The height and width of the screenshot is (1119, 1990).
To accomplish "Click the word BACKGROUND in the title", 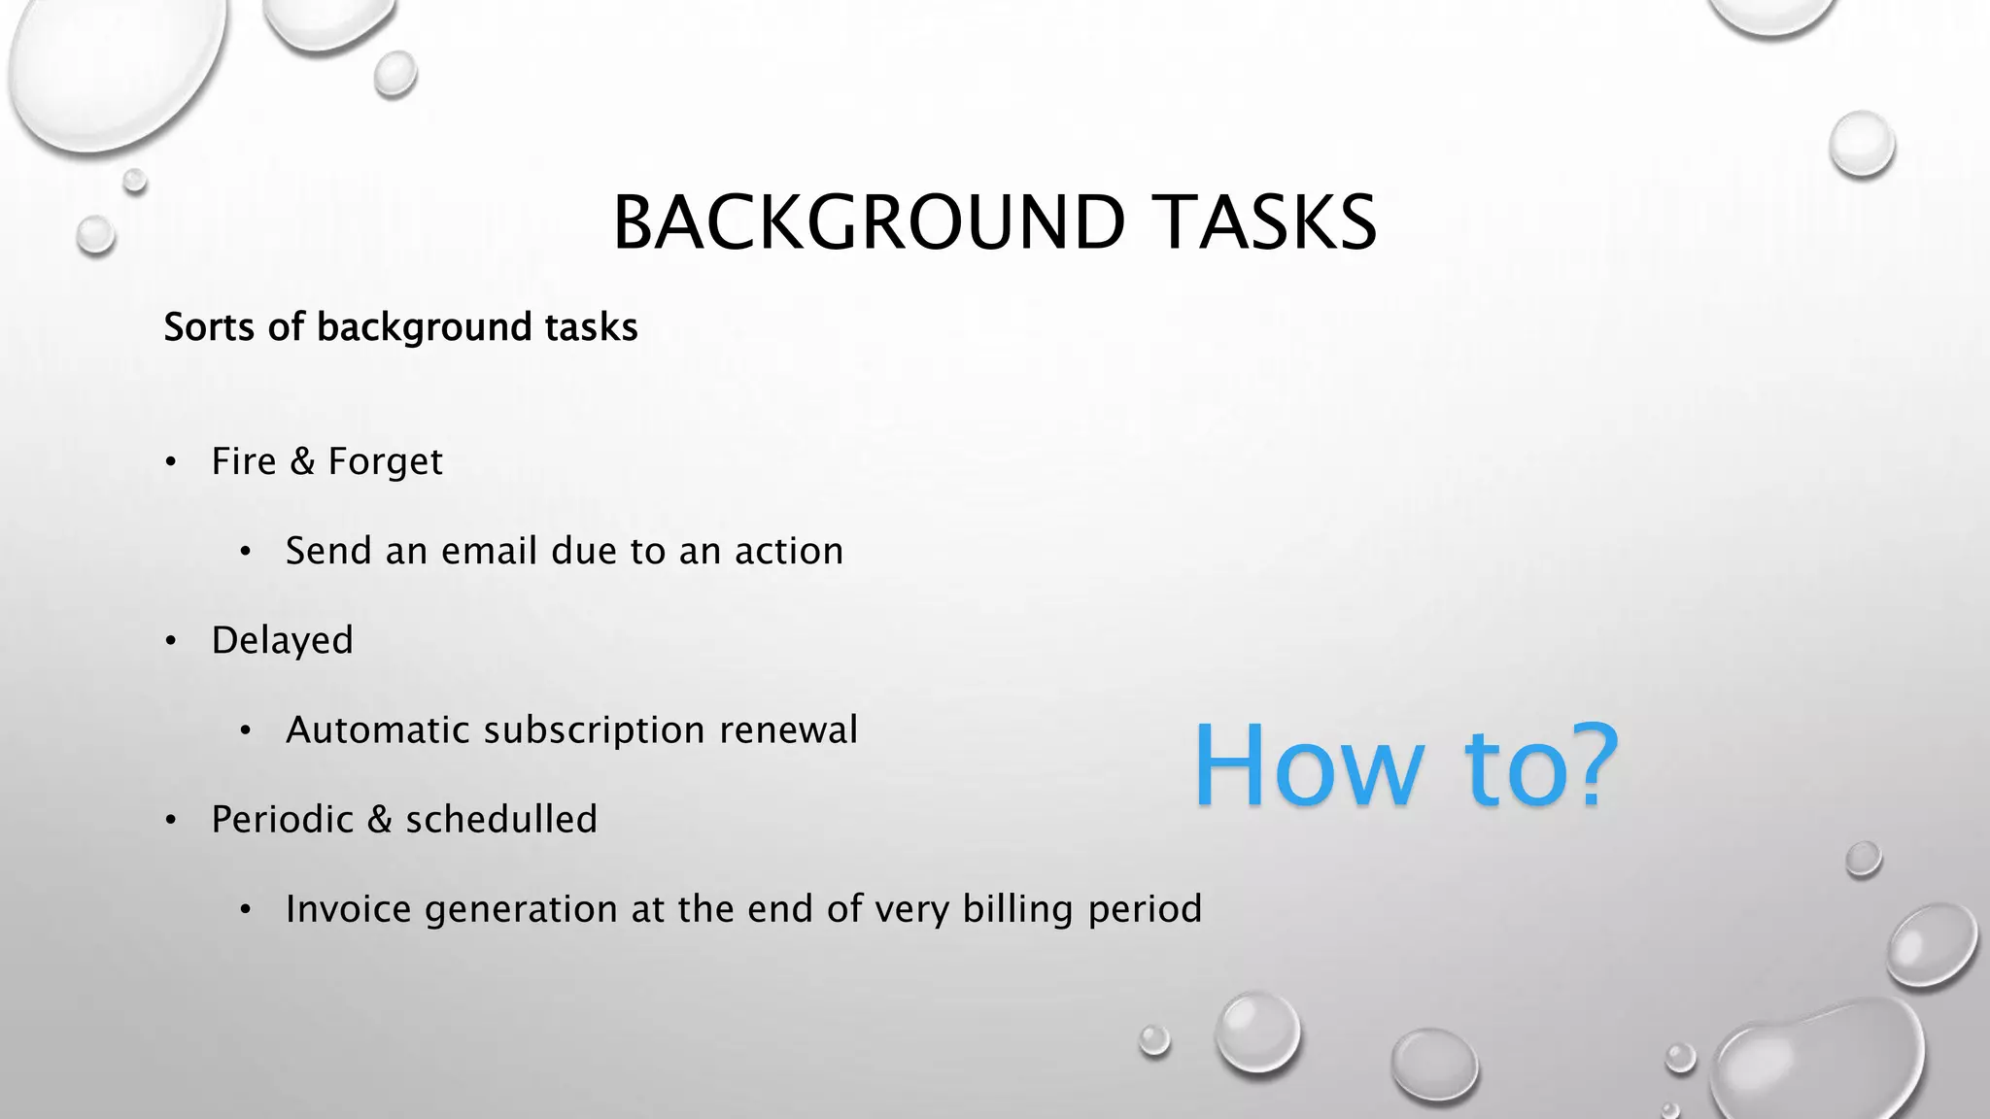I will point(869,222).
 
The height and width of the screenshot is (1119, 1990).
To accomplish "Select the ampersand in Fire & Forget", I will point(302,461).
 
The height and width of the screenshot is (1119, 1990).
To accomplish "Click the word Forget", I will point(385,462).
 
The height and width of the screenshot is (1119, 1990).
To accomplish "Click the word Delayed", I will point(282,641).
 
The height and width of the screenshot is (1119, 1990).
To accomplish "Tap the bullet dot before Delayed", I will point(171,641).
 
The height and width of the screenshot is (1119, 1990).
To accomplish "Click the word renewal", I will point(788,730).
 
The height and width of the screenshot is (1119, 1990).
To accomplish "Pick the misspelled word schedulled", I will point(500,820).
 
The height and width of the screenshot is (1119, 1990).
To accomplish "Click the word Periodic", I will point(282,820).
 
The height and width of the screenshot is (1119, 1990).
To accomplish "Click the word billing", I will point(1017,910).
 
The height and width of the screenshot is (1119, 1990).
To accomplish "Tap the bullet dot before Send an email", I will point(246,553).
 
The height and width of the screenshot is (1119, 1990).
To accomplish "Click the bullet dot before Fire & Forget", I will point(171,462).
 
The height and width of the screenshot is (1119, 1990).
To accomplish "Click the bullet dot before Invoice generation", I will point(246,910).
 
